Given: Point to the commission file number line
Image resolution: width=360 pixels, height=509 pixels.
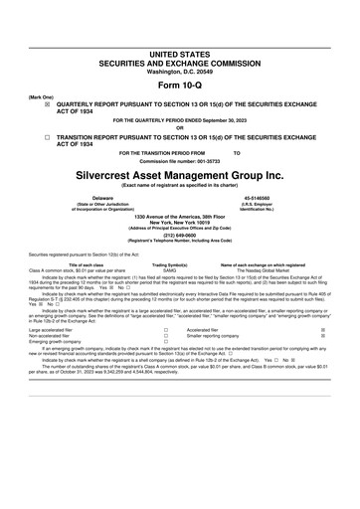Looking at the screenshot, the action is point(179,160).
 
